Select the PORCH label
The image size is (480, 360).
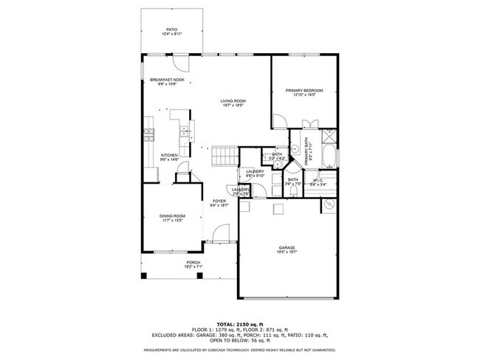pos(193,264)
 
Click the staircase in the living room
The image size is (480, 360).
pos(223,156)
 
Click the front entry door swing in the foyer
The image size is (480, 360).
pos(218,235)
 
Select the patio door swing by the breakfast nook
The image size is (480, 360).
pos(179,61)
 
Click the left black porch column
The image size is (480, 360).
pos(145,276)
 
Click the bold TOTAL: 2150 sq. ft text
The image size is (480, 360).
pos(239,324)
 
